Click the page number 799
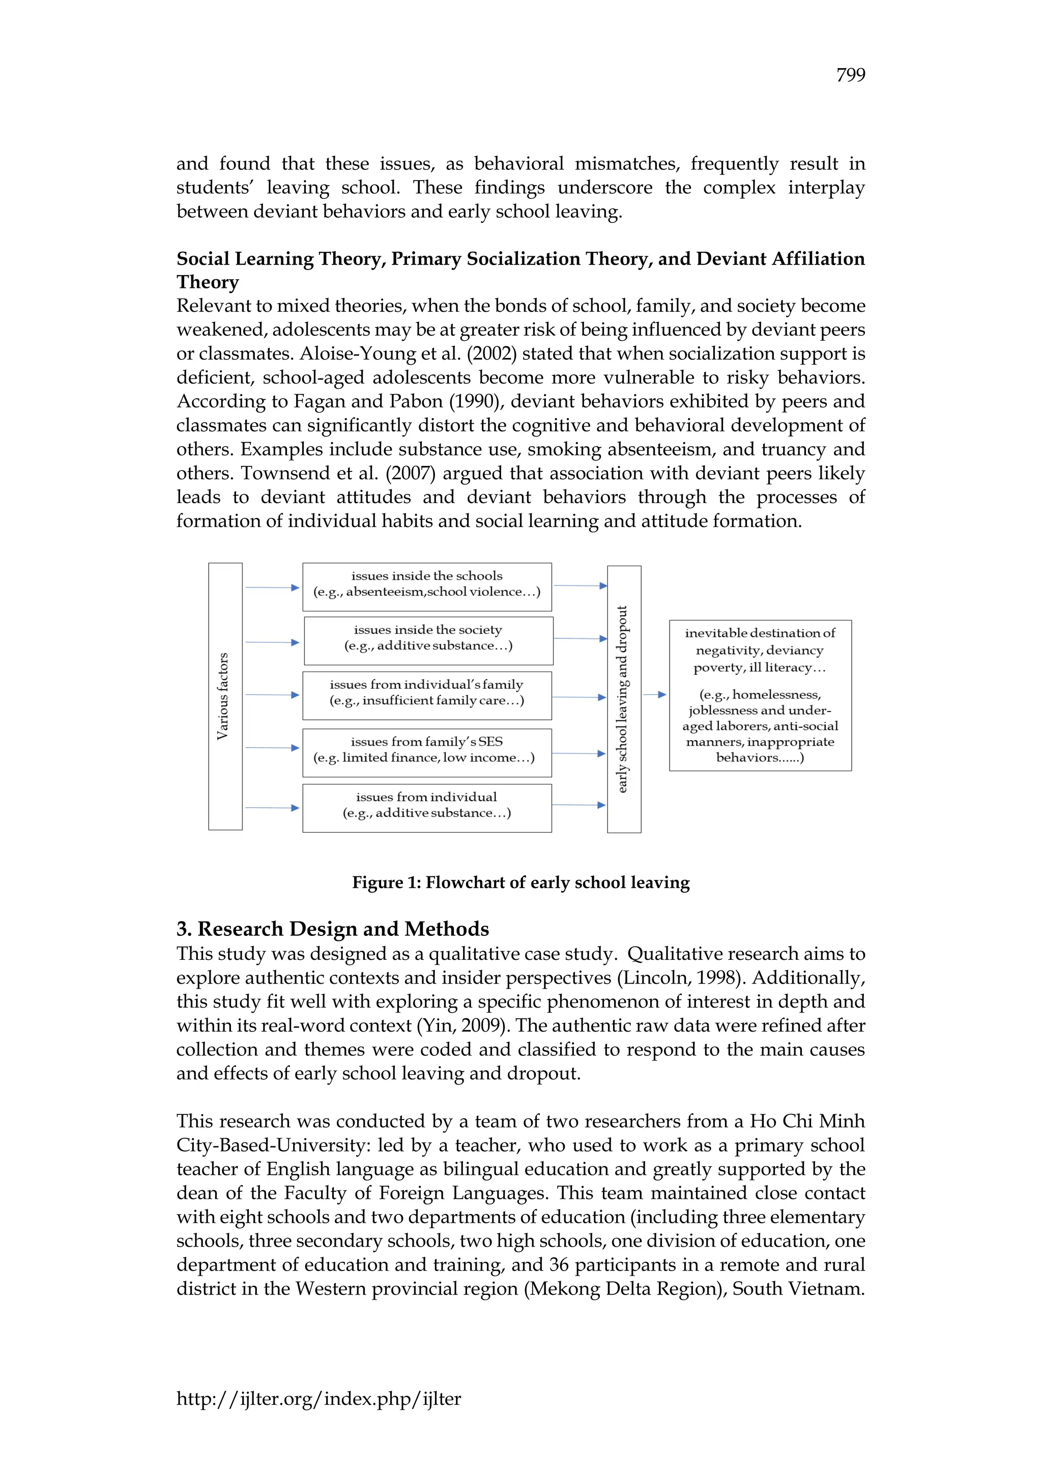pyautogui.click(x=850, y=75)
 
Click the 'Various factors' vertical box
pyautogui.click(x=225, y=696)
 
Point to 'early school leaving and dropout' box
pyautogui.click(x=624, y=699)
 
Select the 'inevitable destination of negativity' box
pyautogui.click(x=760, y=695)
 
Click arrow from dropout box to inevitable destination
pyautogui.click(x=654, y=694)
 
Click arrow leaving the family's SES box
pyautogui.click(x=578, y=753)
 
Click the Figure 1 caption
pyautogui.click(x=520, y=883)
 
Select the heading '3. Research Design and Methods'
pyautogui.click(x=332, y=929)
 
